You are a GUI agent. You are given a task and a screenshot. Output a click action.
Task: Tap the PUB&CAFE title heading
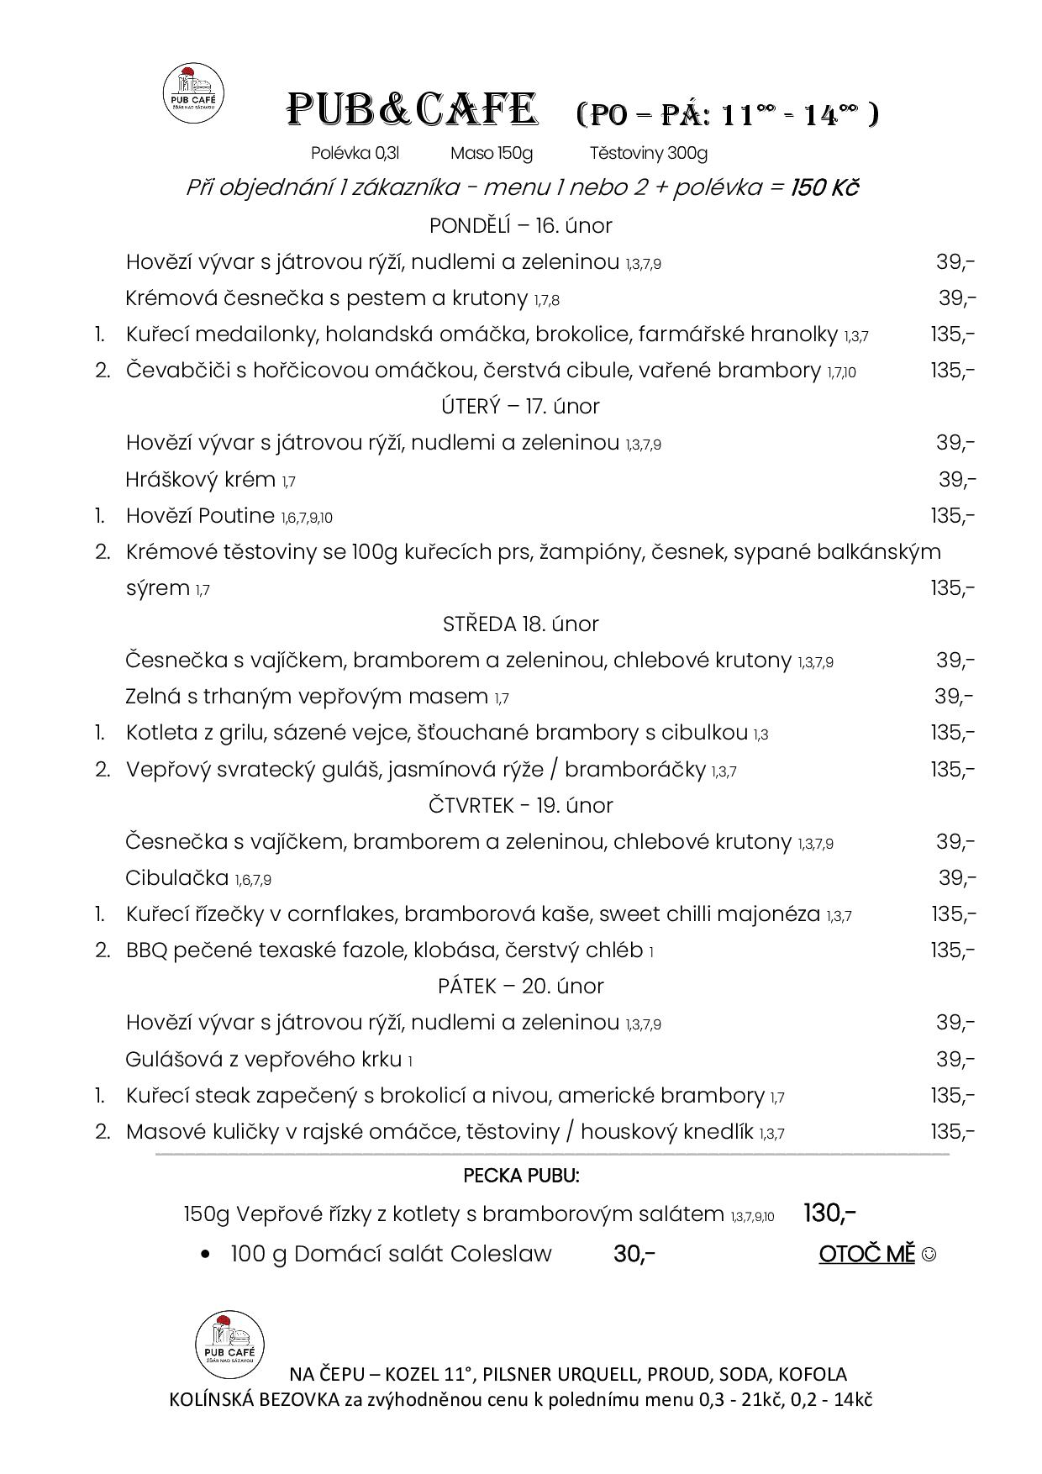(x=412, y=111)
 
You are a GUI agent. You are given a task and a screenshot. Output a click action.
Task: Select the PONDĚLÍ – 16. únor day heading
(x=520, y=226)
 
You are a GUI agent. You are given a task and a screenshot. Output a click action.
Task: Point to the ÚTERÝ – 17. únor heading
(x=520, y=407)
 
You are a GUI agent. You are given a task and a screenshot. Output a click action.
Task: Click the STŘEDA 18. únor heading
(x=520, y=624)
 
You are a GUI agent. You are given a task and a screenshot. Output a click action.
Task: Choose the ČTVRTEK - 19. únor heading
(x=520, y=805)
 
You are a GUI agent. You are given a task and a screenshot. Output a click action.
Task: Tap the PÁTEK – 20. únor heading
(x=520, y=986)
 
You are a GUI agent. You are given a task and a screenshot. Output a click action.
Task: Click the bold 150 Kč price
(x=824, y=187)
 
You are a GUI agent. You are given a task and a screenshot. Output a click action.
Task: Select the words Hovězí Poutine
(x=200, y=516)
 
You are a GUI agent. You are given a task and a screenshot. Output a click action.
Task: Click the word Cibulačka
(x=176, y=878)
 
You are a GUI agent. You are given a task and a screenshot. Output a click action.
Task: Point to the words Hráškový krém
(x=200, y=480)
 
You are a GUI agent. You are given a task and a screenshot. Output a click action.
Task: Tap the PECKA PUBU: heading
(x=521, y=1176)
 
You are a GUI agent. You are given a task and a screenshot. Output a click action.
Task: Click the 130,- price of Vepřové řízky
(x=829, y=1213)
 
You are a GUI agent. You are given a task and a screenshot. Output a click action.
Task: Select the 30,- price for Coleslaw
(x=634, y=1254)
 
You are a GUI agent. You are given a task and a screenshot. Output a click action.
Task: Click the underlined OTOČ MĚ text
(x=866, y=1254)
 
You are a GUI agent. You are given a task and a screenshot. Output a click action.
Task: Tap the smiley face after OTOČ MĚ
(x=929, y=1255)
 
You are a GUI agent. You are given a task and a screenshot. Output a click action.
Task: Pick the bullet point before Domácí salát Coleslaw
(x=206, y=1255)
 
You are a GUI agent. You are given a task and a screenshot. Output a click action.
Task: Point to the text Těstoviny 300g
(x=648, y=153)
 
